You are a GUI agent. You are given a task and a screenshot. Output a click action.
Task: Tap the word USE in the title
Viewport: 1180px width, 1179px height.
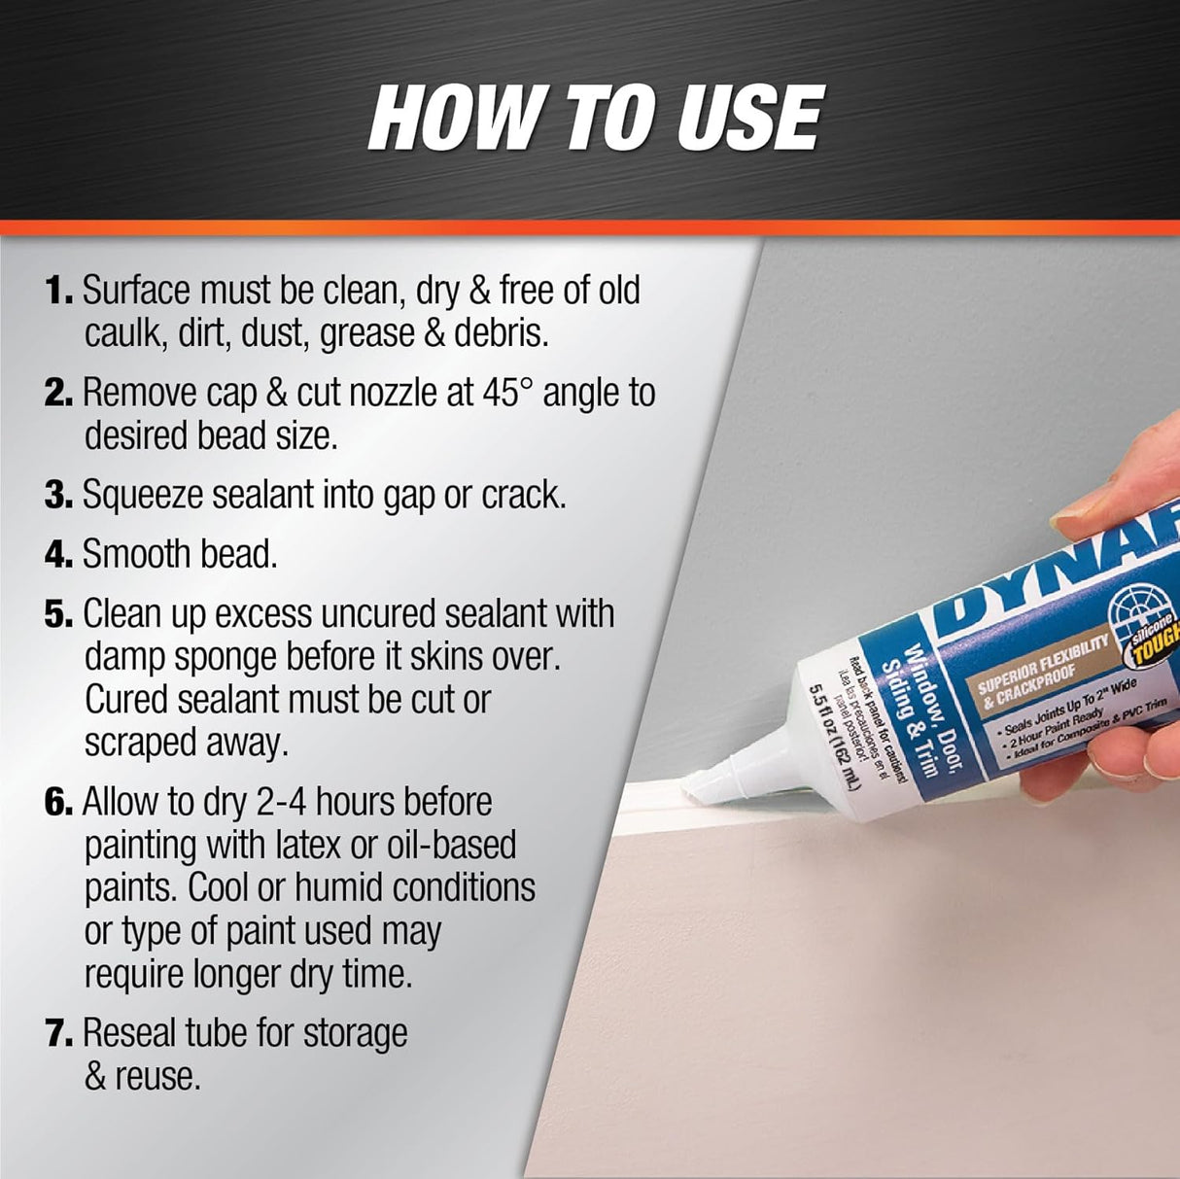click(x=742, y=119)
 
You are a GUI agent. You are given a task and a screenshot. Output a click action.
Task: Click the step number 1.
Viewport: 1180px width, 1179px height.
click(x=58, y=291)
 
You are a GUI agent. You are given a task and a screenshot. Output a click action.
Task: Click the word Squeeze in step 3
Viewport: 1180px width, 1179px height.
click(x=143, y=496)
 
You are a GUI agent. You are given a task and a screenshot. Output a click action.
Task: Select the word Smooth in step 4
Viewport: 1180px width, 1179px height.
click(x=137, y=554)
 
